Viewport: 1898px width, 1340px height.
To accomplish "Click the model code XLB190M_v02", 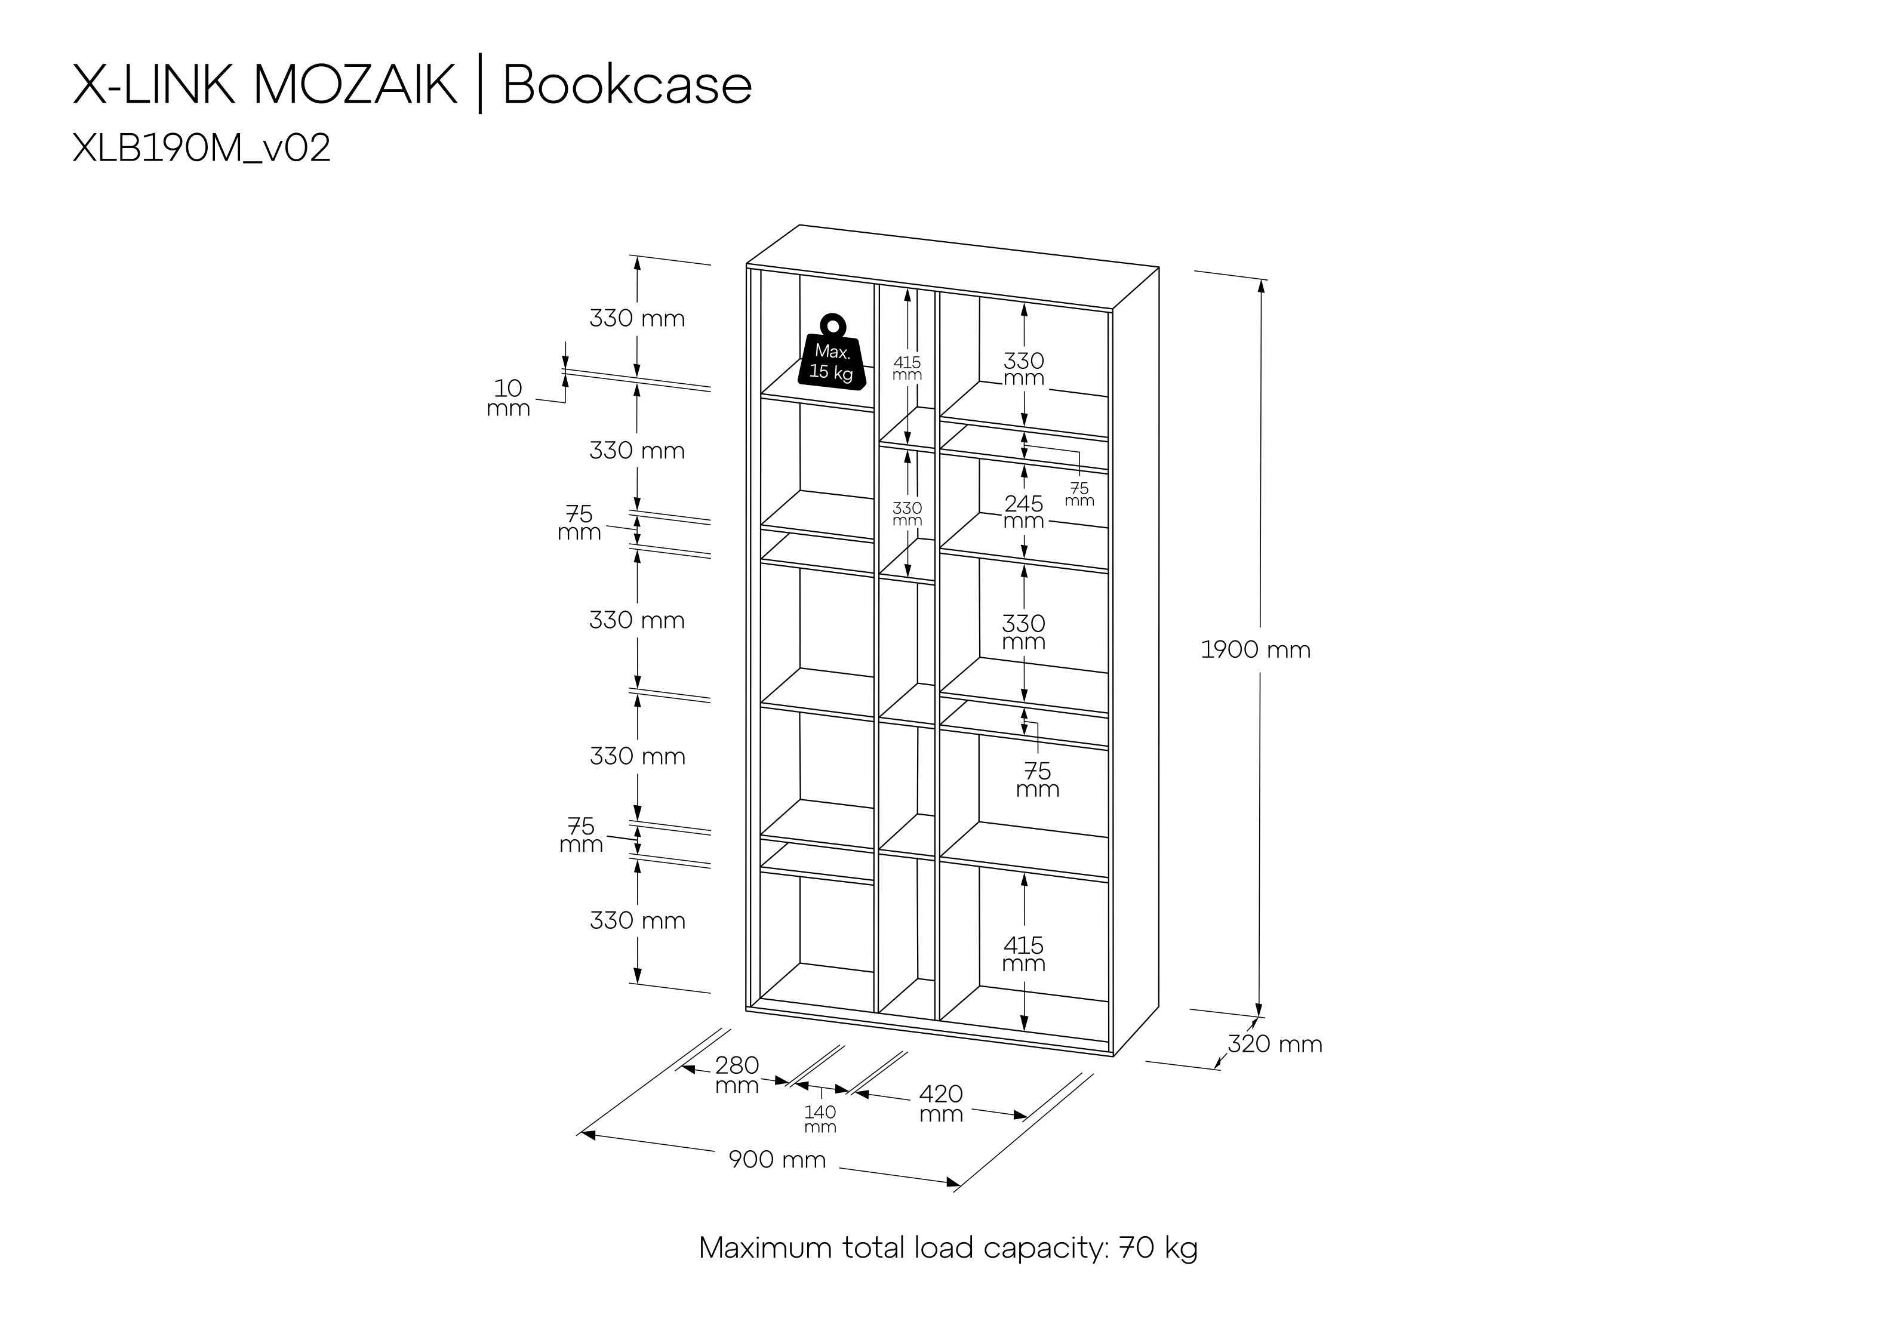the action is point(202,149).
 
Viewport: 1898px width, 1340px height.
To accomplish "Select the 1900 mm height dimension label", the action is point(1256,650).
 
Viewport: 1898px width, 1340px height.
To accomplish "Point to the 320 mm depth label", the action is point(1275,1044).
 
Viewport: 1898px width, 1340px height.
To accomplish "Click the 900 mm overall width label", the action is point(777,1160).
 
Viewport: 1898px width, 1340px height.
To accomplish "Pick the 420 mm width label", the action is point(941,1104).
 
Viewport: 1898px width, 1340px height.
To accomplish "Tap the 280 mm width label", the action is point(737,1074).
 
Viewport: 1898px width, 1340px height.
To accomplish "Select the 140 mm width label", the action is point(820,1119).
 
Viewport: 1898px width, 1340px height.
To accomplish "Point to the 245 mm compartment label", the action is point(1023,512).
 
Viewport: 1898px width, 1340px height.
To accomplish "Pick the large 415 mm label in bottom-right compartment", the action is point(1023,954).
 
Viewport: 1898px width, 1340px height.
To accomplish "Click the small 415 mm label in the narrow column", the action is point(907,368).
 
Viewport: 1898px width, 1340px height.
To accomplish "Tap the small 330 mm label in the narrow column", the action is point(907,513).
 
